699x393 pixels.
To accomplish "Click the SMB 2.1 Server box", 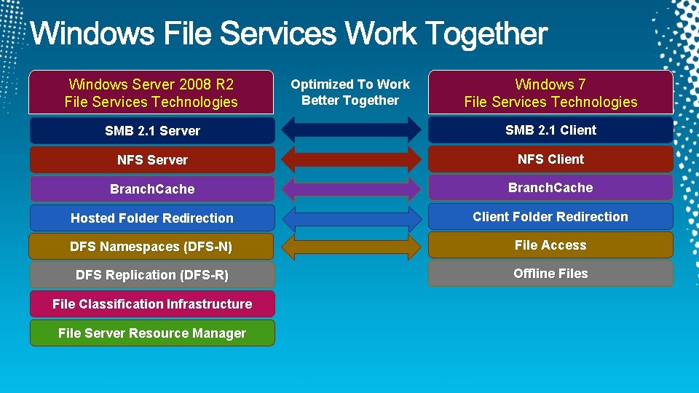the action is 152,131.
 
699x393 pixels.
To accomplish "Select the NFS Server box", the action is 152,160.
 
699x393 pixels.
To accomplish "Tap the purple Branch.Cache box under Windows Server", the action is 152,189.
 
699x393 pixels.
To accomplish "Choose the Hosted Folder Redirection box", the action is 152,218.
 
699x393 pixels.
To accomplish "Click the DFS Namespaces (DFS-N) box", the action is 152,247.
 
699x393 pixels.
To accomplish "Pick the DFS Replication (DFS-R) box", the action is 152,275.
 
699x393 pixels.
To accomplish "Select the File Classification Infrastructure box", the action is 152,304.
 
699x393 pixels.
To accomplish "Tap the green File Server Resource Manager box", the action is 152,333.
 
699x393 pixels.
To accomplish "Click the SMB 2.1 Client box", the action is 550,130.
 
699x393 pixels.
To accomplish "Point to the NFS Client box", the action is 550,159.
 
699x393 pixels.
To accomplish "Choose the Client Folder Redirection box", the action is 550,217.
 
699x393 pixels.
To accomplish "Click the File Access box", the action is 550,245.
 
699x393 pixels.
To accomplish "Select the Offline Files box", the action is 550,274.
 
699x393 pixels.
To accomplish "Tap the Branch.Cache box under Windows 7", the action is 550,188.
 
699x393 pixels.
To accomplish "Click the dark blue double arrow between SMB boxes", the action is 351,130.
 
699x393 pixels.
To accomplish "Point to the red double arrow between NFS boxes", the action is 351,159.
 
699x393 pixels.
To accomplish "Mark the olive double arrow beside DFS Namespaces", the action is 351,246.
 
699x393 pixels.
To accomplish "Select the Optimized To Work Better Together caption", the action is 350,92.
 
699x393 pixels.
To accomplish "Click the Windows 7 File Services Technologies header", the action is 550,93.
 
